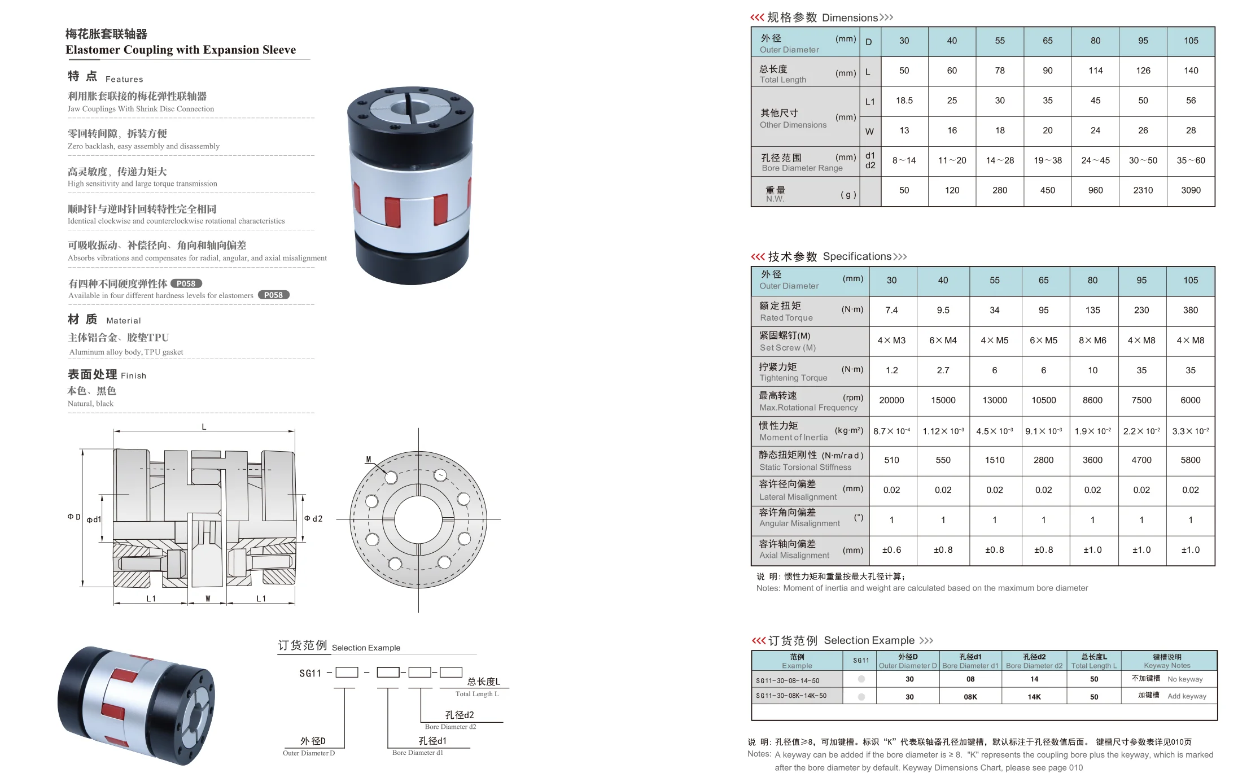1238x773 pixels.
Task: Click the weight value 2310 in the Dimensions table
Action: [1143, 190]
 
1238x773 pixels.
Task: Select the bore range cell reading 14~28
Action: [1000, 160]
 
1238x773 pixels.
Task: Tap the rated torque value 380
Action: [1190, 310]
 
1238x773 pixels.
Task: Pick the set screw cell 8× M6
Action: [1092, 340]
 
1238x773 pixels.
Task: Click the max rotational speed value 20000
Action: [891, 400]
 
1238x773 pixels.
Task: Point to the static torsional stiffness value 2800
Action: [1043, 460]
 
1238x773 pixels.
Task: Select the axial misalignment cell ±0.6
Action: [891, 550]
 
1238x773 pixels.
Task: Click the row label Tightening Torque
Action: [793, 378]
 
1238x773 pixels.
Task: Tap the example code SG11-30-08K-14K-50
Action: [791, 696]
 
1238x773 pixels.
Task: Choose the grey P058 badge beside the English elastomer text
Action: [273, 295]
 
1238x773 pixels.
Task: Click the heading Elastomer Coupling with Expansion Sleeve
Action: [181, 50]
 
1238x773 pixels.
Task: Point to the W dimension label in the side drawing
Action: [208, 599]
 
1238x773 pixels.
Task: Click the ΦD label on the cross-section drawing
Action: [74, 517]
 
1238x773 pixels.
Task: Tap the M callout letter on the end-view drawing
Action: [369, 460]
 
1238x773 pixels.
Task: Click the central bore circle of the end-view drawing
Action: [418, 519]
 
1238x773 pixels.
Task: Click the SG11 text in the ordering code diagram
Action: [310, 673]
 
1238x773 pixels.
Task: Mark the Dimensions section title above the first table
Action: [821, 18]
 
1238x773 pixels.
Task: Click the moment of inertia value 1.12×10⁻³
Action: [943, 431]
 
